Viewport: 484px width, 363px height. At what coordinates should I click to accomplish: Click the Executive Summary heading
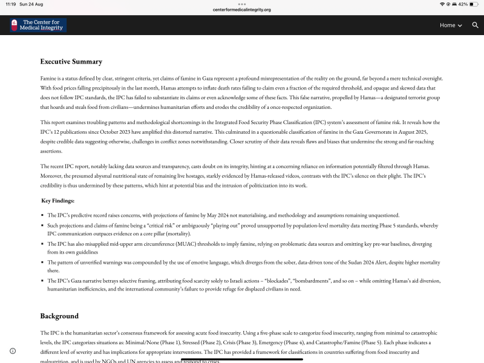[x=71, y=62]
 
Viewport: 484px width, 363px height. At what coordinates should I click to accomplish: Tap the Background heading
[x=59, y=316]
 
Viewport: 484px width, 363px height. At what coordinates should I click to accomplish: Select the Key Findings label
[x=58, y=201]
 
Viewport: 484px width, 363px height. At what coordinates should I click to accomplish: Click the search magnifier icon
[x=476, y=25]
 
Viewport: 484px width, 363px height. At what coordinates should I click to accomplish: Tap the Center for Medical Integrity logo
[x=38, y=25]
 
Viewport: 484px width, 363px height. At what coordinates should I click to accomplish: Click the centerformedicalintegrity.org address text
[x=242, y=10]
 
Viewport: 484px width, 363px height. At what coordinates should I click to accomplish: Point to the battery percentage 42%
[x=463, y=4]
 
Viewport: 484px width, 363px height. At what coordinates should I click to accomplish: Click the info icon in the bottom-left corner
[x=13, y=351]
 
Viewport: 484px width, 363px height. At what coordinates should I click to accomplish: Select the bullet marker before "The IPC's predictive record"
[x=43, y=215]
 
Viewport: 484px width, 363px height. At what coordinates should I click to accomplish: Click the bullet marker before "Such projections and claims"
[x=43, y=226]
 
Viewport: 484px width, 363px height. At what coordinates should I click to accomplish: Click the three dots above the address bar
[x=242, y=4]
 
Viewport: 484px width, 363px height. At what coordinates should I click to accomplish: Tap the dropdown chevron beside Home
[x=460, y=25]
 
